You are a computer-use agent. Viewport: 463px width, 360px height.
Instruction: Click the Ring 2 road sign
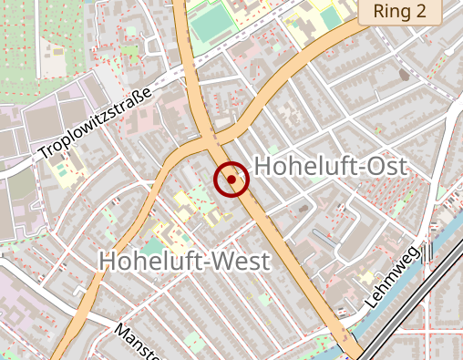point(400,12)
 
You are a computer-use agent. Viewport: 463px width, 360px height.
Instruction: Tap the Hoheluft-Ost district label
point(329,166)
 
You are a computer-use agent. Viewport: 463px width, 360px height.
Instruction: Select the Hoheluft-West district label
point(184,262)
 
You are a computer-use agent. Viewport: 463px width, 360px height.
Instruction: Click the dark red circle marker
point(231,180)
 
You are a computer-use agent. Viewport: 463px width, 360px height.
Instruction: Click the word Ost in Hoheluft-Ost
point(383,166)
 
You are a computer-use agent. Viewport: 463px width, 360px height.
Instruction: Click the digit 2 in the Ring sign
point(431,12)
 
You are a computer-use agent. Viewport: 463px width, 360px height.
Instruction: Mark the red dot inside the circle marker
point(231,180)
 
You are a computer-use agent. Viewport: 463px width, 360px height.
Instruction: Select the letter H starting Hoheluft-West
point(107,262)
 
